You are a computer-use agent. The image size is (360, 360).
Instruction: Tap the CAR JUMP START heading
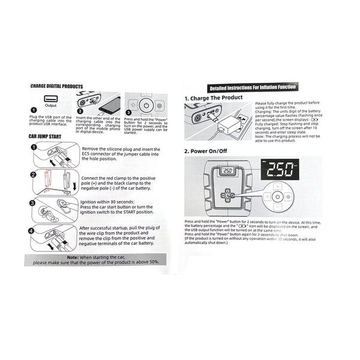pos(46,137)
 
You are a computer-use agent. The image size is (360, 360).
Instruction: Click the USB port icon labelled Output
pos(50,100)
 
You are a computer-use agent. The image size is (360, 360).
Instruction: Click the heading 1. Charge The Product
pos(213,97)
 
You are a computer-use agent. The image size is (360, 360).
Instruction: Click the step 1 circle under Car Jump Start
pos(34,148)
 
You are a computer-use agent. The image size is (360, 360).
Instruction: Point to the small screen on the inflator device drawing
pos(227,170)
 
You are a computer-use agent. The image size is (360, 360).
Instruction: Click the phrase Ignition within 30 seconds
pos(106,202)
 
